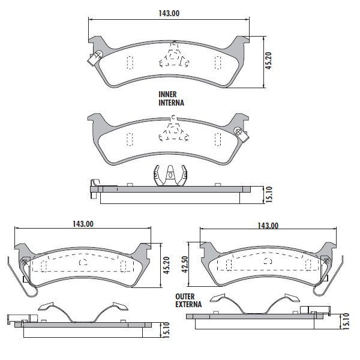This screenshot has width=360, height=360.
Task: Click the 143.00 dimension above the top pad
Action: coord(169,13)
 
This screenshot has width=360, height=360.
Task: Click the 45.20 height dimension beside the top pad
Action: coord(268,61)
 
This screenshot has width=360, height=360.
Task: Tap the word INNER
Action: coord(167,94)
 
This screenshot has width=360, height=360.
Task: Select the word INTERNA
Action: coord(171,103)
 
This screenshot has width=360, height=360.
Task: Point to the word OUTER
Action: coord(185,296)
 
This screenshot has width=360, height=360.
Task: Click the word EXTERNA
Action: coord(188,304)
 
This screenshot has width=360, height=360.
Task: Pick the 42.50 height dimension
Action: coord(185,265)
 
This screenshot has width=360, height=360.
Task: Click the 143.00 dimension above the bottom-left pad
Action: coord(83,224)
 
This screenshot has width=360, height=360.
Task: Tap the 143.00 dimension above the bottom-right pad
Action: coord(268,226)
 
